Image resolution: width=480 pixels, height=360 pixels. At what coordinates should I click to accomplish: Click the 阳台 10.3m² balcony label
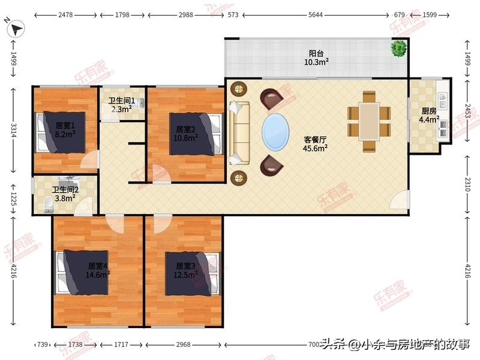coord(316,57)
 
